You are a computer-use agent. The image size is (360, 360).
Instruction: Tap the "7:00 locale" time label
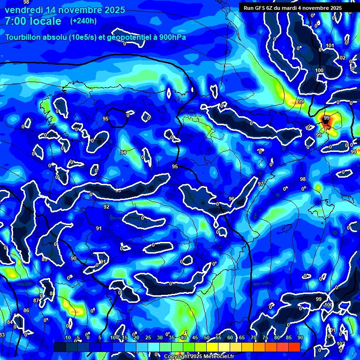click(33, 21)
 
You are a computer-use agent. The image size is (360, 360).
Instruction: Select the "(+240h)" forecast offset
click(83, 21)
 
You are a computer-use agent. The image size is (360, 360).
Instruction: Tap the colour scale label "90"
click(300, 338)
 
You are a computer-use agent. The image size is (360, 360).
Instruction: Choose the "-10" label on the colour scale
click(67, 338)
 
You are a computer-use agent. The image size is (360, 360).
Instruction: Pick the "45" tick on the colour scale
click(195, 338)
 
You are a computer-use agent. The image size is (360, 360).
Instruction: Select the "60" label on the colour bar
click(230, 338)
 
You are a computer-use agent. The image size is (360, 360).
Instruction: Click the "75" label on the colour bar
click(265, 338)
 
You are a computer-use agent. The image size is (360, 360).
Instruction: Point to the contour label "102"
click(342, 58)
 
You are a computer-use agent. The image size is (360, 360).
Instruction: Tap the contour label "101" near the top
click(330, 45)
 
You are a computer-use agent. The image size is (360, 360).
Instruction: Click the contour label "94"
click(123, 152)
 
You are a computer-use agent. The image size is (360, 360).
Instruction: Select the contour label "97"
click(261, 184)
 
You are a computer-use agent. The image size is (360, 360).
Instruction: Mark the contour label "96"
click(231, 199)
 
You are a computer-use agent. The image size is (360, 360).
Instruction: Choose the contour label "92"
click(106, 207)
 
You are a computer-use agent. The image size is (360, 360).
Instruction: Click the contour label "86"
click(26, 310)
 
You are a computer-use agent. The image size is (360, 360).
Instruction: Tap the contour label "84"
click(9, 322)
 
